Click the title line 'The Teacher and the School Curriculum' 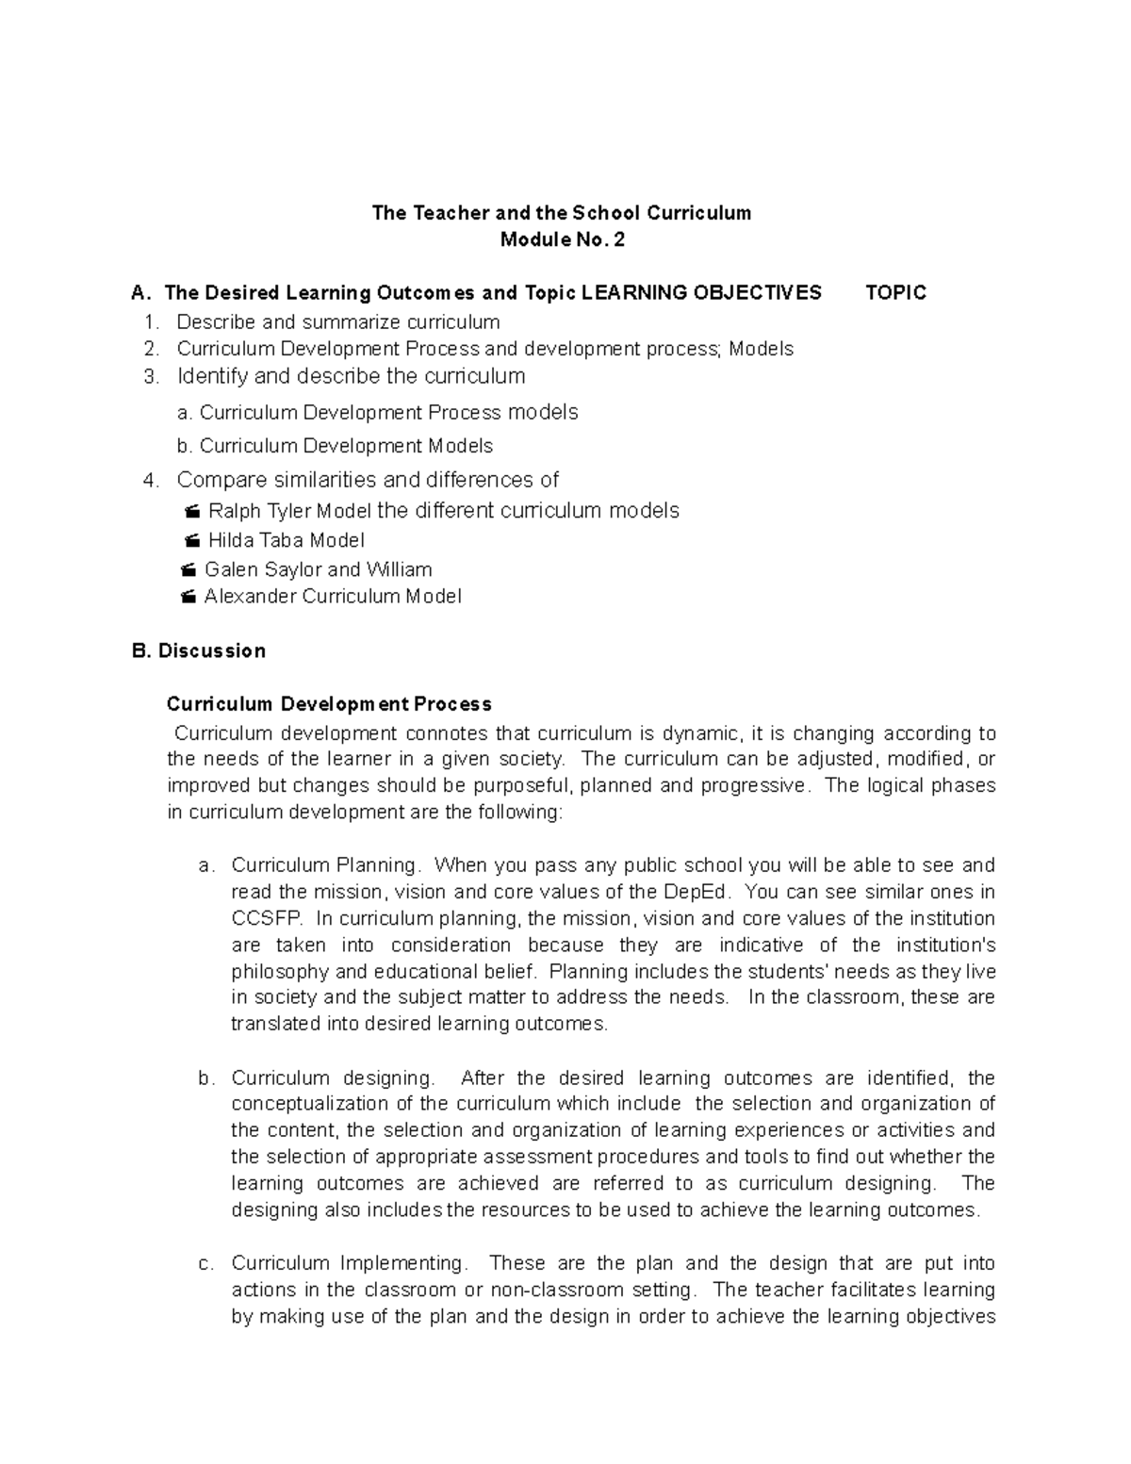[562, 213]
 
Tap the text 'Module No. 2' [562, 240]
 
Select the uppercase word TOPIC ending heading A [895, 293]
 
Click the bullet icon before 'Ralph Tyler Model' [192, 512]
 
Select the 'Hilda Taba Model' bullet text [286, 540]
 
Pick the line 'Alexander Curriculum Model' [332, 597]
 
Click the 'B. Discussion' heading [200, 651]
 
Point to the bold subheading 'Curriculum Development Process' [329, 704]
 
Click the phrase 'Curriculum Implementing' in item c [347, 1263]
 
